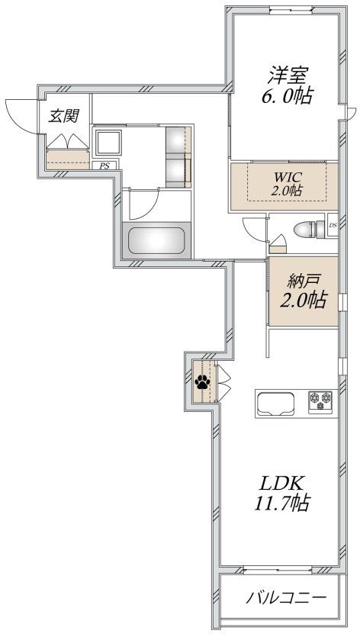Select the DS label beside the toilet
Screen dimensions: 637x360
point(333,225)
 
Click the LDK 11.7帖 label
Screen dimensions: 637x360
point(284,493)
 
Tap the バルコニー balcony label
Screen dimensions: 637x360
point(285,598)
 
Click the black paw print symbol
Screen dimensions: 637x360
point(202,382)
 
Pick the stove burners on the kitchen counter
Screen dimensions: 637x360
point(321,400)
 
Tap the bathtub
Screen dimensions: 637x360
point(158,241)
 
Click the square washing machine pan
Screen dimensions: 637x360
point(108,143)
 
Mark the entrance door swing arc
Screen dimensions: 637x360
point(18,114)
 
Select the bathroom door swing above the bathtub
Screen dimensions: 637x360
point(143,204)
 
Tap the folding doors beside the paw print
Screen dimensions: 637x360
point(223,381)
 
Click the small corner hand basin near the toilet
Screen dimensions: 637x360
point(277,245)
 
